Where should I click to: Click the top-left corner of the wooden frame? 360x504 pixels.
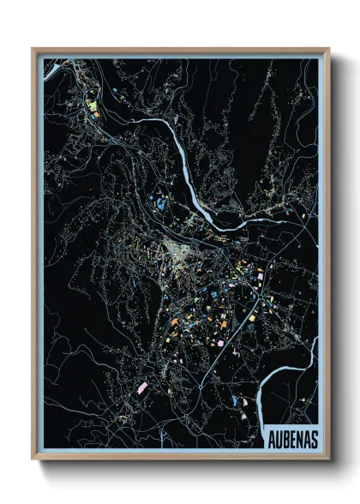tap(33, 50)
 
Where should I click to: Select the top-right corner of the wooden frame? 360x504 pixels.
tap(328, 50)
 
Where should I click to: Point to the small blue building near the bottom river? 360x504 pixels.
tap(233, 400)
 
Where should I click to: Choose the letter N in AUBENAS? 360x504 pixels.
tap(297, 437)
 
